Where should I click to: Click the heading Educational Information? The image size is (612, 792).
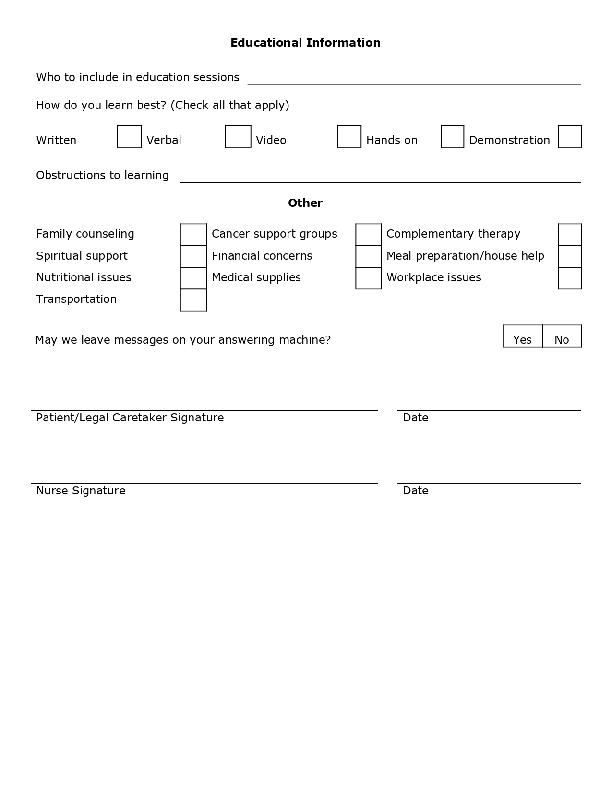[x=305, y=43]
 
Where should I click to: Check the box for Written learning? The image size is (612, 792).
[x=129, y=137]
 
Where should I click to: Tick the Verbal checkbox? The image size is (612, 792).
[x=238, y=137]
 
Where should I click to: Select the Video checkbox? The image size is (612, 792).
[x=349, y=137]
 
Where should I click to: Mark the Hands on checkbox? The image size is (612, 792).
[x=453, y=137]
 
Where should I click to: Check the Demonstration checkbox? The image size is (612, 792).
[x=570, y=137]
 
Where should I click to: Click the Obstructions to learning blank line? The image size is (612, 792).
[x=380, y=179]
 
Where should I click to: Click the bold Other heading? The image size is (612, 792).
[x=305, y=203]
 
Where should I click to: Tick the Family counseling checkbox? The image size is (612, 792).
[x=193, y=235]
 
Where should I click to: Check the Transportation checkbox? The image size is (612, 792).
[x=193, y=300]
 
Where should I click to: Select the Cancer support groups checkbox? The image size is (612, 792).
[x=369, y=235]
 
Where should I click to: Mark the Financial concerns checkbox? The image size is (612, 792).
[x=369, y=256]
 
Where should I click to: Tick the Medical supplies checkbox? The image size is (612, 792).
[x=369, y=278]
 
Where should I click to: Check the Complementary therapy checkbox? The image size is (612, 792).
[x=570, y=235]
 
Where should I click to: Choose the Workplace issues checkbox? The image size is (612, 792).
[x=570, y=278]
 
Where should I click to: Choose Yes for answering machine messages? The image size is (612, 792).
[x=523, y=336]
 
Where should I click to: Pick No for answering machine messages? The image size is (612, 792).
[x=562, y=336]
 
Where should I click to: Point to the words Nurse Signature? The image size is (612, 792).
[x=81, y=491]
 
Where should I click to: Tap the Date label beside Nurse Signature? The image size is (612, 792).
[x=415, y=491]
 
